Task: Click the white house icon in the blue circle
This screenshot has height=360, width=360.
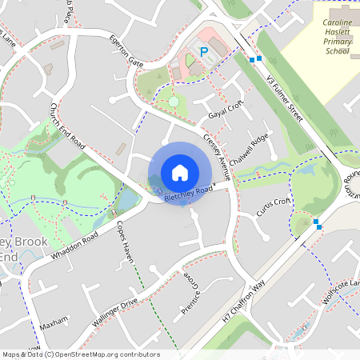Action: pos(180,172)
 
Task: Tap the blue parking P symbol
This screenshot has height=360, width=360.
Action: pos(204,52)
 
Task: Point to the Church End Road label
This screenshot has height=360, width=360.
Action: pos(66,128)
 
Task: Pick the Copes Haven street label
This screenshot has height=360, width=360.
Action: pos(125,242)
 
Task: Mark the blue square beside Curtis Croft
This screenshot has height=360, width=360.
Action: pos(318,222)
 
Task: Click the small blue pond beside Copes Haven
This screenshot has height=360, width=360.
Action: pos(126,197)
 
